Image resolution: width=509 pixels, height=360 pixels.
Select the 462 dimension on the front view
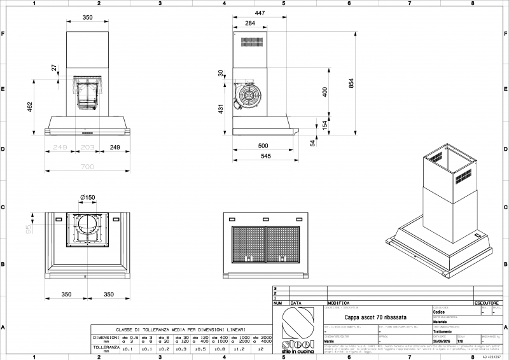click(x=30, y=106)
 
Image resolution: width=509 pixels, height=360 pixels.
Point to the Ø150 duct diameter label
click(x=88, y=198)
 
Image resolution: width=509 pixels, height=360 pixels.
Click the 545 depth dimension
click(x=266, y=156)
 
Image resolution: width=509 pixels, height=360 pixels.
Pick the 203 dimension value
click(x=88, y=148)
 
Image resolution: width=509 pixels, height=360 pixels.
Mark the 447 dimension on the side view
click(x=260, y=13)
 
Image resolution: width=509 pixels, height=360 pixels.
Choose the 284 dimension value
click(x=250, y=24)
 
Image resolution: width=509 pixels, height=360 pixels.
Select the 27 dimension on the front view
click(x=54, y=67)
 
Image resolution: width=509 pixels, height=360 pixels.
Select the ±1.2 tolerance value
click(x=240, y=349)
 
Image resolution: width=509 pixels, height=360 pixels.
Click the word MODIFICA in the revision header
click(x=339, y=303)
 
